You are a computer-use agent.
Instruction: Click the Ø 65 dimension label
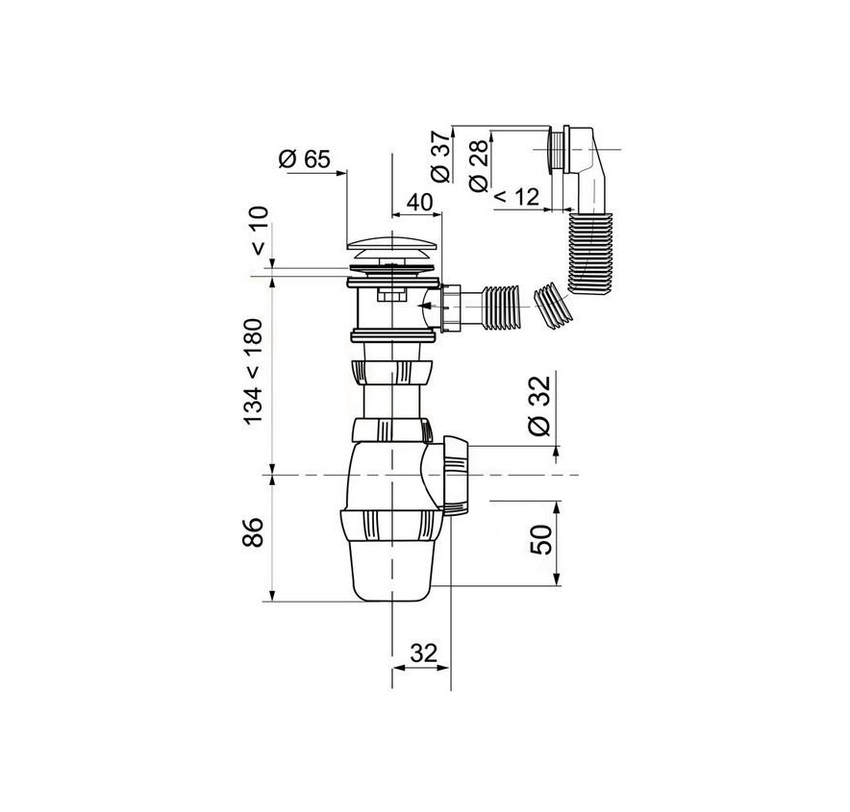pyautogui.click(x=304, y=159)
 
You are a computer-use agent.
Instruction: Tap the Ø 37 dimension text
pyautogui.click(x=440, y=156)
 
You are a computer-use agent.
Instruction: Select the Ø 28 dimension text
pyautogui.click(x=480, y=165)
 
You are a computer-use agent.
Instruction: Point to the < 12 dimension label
pyautogui.click(x=516, y=198)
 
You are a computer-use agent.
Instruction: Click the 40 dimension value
pyautogui.click(x=419, y=203)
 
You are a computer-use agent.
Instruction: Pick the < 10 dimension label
pyautogui.click(x=260, y=231)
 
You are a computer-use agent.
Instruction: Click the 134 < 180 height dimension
pyautogui.click(x=253, y=372)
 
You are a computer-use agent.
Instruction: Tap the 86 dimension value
pyautogui.click(x=253, y=532)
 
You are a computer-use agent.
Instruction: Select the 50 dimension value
pyautogui.click(x=540, y=539)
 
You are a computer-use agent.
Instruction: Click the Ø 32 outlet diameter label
pyautogui.click(x=539, y=406)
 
